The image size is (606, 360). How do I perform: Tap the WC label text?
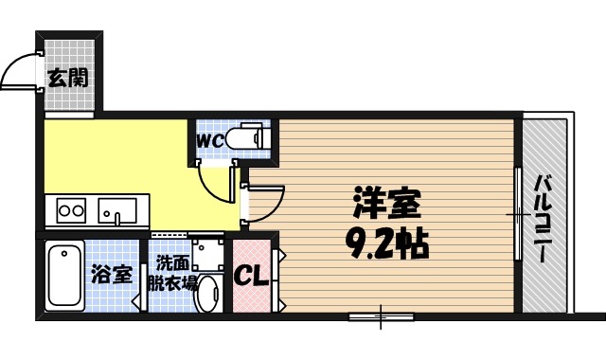click(209, 140)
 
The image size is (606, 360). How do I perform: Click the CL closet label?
click(250, 278)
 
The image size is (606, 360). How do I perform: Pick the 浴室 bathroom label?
click(112, 277)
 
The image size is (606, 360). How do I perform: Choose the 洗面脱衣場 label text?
click(176, 272)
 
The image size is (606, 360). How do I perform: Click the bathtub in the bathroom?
click(63, 276)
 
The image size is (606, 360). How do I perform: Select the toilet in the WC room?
click(250, 138)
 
